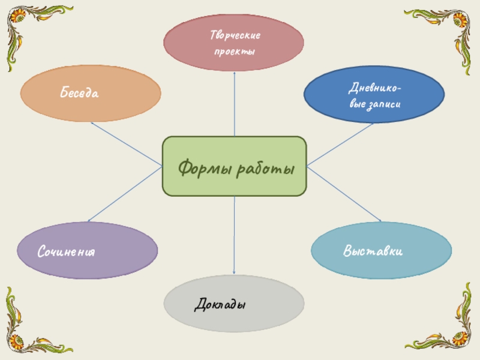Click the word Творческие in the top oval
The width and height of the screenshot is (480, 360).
click(x=235, y=37)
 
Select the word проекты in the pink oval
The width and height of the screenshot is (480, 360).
click(x=235, y=52)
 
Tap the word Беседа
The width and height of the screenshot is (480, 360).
click(x=79, y=93)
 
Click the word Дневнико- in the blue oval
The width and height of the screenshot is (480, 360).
click(x=375, y=89)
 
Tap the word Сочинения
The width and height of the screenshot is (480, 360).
click(x=67, y=251)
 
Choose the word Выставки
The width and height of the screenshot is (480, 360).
click(x=373, y=250)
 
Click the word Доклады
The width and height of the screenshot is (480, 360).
click(x=221, y=304)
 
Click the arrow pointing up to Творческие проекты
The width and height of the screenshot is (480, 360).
click(x=235, y=102)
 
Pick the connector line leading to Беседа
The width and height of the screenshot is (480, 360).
click(x=126, y=145)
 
